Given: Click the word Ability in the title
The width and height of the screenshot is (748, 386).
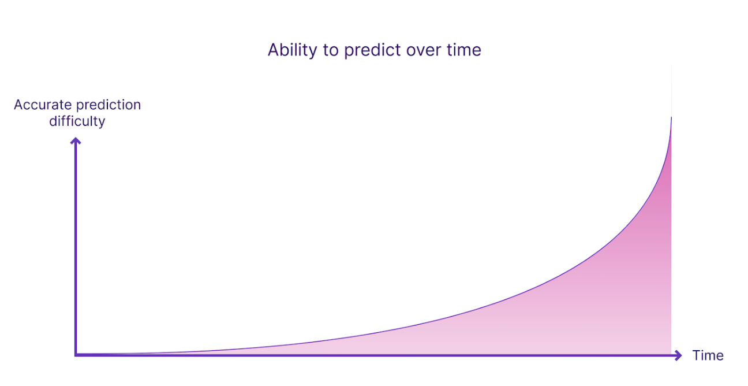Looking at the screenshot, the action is pos(292,50).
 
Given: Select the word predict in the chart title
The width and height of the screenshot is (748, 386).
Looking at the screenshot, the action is pos(372,50).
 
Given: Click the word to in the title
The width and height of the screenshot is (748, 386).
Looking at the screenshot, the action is pos(331,51).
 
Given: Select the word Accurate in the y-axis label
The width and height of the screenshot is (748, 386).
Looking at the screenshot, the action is pos(43,105).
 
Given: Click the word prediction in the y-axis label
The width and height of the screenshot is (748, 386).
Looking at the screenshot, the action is pos(109,106).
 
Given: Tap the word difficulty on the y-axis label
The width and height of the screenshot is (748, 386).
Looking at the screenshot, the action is pos(77,122).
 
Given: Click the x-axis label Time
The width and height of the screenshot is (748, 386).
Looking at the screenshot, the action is pos(708,355).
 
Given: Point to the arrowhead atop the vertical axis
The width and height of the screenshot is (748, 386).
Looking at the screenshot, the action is pos(76,140).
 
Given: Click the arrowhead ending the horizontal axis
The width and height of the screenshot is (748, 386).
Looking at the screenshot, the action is pos(678,355).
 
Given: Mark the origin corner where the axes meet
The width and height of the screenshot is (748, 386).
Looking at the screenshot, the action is pos(76,355).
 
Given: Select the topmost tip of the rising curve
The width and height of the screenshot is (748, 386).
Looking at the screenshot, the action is pos(671,117).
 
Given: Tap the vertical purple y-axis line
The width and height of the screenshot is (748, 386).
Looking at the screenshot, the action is pos(76,247).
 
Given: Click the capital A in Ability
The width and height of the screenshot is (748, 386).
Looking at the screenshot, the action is pos(273,50).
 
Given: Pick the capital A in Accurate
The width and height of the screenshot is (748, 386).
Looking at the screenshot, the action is pos(18,105).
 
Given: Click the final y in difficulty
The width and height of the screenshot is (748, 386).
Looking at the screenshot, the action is pos(102,123).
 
